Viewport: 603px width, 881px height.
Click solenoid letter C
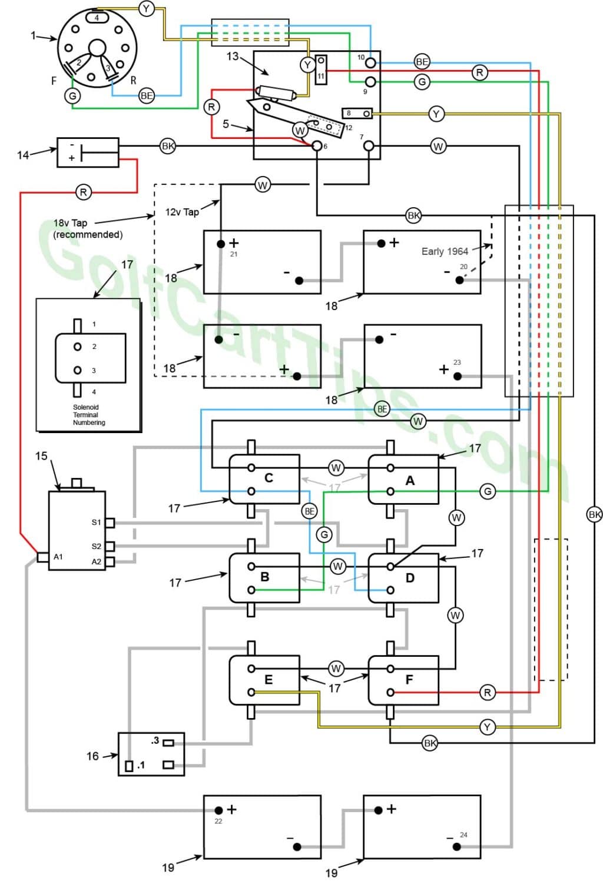(269, 478)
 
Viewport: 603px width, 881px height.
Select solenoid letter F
(409, 680)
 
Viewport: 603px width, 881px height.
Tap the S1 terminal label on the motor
(96, 523)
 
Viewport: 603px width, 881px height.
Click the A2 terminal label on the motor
(97, 561)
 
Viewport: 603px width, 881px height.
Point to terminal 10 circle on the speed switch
(370, 62)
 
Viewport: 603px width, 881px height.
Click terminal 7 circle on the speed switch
(369, 146)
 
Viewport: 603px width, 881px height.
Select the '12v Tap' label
(182, 212)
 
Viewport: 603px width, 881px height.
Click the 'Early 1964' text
(445, 251)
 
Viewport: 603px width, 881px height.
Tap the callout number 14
(23, 155)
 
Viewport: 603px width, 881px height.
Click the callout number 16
(92, 756)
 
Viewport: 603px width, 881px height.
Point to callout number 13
(232, 56)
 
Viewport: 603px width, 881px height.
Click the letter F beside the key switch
(54, 81)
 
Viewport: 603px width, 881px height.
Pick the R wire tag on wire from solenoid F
(487, 693)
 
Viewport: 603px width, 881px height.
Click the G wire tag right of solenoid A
(488, 491)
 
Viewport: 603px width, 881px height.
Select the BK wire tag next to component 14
(168, 147)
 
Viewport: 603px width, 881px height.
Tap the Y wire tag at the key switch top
(146, 8)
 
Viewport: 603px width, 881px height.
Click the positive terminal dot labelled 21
(221, 244)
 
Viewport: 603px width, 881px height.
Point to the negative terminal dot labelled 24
(456, 846)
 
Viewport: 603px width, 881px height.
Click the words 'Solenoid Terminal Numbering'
(89, 415)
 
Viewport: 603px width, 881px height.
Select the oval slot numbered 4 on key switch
(97, 18)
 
